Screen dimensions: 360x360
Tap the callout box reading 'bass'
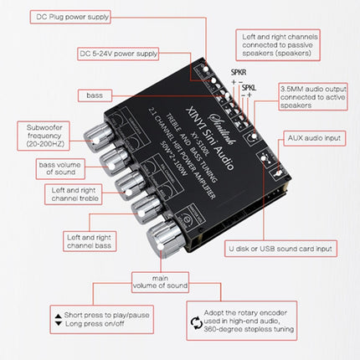(94, 95)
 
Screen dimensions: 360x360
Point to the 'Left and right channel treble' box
(63, 195)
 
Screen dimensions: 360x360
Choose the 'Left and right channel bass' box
(63, 242)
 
